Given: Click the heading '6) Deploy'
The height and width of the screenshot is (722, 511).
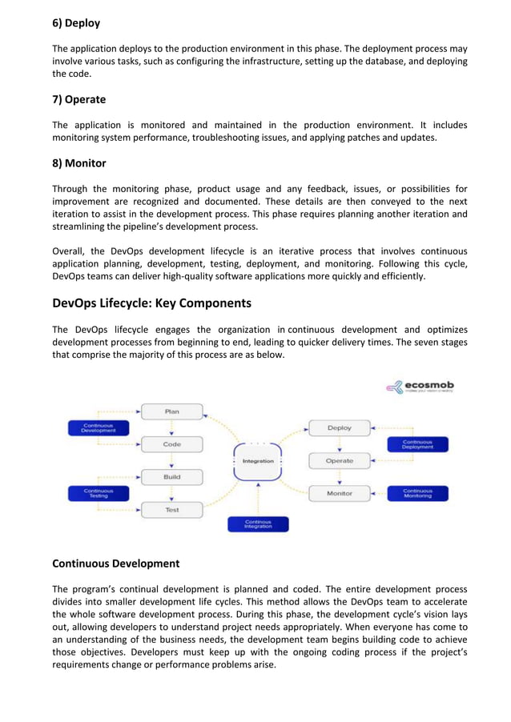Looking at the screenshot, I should pyautogui.click(x=76, y=23).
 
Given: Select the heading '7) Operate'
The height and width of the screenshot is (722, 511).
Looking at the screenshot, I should pyautogui.click(x=78, y=100).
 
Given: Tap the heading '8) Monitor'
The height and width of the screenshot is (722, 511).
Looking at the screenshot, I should pyautogui.click(x=78, y=163).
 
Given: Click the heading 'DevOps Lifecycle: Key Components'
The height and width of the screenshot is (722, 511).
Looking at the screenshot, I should pyautogui.click(x=151, y=303).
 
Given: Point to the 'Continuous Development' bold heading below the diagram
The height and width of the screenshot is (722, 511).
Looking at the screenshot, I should pyautogui.click(x=115, y=564).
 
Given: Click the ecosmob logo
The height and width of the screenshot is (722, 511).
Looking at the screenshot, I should pyautogui.click(x=419, y=387).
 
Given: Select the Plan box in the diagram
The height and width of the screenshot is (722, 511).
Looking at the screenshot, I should pyautogui.click(x=172, y=411).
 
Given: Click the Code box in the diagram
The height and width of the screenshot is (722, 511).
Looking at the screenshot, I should pyautogui.click(x=172, y=444).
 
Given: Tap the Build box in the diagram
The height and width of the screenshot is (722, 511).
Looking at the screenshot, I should pyautogui.click(x=172, y=477).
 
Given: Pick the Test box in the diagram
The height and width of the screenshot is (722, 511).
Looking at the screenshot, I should pyautogui.click(x=172, y=510).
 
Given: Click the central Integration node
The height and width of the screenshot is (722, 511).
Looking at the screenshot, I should pyautogui.click(x=258, y=462).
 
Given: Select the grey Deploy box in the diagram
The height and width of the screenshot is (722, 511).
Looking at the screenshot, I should pyautogui.click(x=340, y=428).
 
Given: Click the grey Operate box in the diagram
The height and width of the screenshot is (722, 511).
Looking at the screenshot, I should pyautogui.click(x=340, y=461).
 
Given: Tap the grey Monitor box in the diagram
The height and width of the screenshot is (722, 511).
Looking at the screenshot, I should pyautogui.click(x=340, y=494).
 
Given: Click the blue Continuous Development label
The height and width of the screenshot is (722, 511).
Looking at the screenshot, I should pyautogui.click(x=98, y=428).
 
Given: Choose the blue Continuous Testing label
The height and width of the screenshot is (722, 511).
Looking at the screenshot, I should pyautogui.click(x=98, y=494).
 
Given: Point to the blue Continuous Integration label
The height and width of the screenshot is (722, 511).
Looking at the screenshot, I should pyautogui.click(x=258, y=524).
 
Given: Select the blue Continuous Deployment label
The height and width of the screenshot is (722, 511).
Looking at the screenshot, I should pyautogui.click(x=417, y=444).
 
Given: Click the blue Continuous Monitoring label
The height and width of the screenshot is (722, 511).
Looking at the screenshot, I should pyautogui.click(x=417, y=494).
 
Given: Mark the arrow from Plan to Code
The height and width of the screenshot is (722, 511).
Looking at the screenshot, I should pyautogui.click(x=172, y=428).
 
